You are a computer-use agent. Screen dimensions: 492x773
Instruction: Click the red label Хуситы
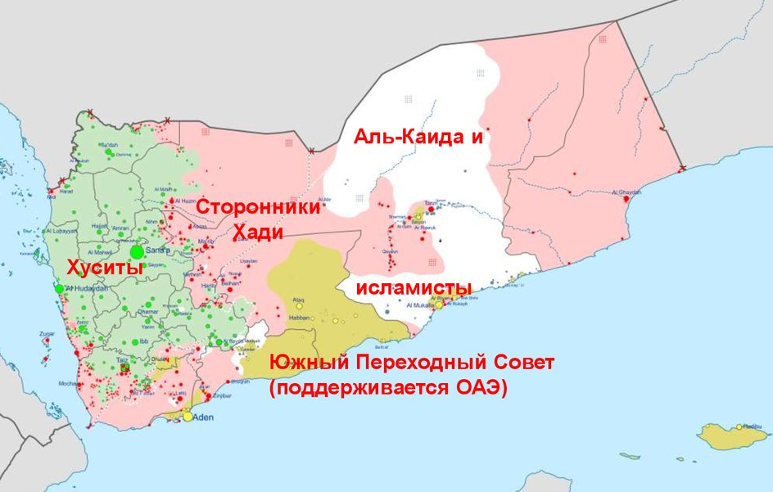[105, 267]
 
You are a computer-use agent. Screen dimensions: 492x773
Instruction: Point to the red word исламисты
[413, 288]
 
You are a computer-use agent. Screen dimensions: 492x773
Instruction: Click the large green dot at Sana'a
[137, 252]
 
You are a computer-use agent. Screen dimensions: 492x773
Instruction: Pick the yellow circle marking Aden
[188, 417]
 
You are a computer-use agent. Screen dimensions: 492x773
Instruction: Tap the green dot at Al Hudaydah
[59, 288]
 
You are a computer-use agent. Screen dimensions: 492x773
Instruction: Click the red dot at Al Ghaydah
[626, 198]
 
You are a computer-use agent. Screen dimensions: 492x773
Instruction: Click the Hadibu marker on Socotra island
[739, 427]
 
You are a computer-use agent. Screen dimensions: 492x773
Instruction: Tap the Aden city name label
[202, 418]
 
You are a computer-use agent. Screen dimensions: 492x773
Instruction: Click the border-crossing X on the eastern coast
[682, 169]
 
